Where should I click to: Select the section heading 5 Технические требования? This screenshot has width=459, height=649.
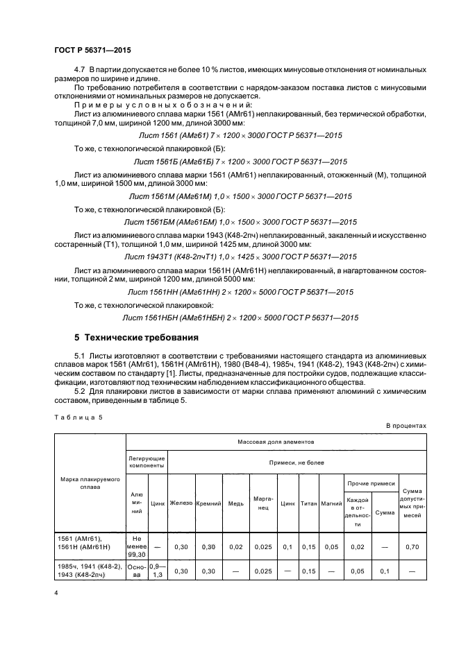[136, 338]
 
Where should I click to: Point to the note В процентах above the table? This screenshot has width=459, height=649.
[406, 426]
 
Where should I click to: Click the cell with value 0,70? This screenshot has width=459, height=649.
[412, 546]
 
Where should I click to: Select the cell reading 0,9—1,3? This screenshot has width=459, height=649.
[158, 571]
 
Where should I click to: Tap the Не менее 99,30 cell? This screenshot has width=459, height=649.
[137, 546]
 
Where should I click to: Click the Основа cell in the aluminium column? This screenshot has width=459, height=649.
[137, 571]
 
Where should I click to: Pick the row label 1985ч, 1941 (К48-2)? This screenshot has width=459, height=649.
[90, 566]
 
